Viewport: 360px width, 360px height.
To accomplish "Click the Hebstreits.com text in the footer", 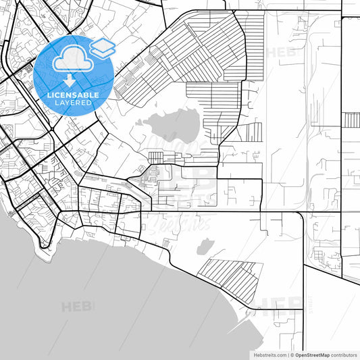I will (269, 355).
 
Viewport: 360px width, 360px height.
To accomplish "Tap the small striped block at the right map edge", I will (352, 120).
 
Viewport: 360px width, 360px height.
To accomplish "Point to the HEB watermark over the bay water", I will (78, 307).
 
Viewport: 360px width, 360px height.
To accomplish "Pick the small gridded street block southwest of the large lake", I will (156, 157).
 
